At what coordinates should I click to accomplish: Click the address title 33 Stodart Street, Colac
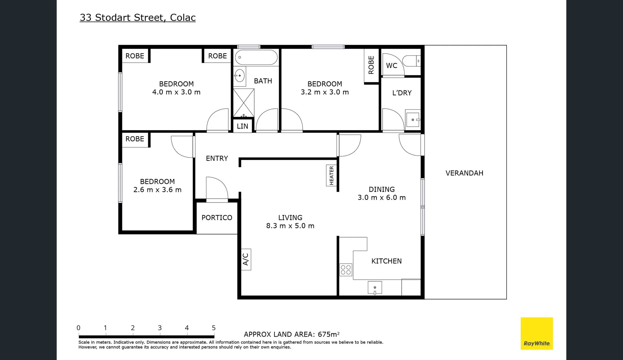[137, 17]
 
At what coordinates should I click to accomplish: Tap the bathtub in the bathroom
[256, 57]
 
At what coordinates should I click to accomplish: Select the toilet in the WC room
[411, 61]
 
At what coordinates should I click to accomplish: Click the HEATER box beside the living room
[332, 175]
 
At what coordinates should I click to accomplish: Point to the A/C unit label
[246, 259]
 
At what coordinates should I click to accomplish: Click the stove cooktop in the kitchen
[346, 270]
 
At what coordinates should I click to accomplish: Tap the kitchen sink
[375, 288]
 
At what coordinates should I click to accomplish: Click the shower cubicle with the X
[243, 103]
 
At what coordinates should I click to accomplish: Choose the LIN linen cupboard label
[242, 126]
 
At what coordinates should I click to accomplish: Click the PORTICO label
[217, 218]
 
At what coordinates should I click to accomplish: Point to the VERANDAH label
[464, 173]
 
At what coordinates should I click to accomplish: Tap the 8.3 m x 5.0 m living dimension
[290, 226]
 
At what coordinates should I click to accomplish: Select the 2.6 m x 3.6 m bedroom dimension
[157, 190]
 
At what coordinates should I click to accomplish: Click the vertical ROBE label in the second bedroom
[371, 65]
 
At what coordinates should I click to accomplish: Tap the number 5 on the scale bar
[214, 328]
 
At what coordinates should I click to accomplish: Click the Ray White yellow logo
[537, 333]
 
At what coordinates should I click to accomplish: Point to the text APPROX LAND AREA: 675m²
[291, 334]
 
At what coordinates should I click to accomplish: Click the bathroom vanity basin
[239, 76]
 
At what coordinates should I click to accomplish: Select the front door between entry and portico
[217, 200]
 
